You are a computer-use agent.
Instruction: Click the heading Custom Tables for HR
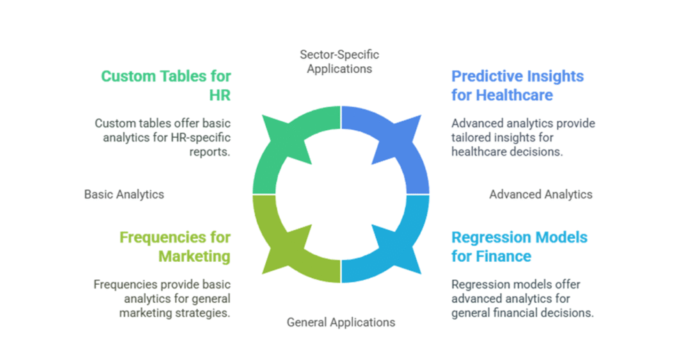[x=166, y=85]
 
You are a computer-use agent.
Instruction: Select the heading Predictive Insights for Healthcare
[x=517, y=85]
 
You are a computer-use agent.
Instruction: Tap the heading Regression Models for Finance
[x=519, y=246]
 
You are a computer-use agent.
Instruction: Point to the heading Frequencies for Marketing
[x=175, y=246]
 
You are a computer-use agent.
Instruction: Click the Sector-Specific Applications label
[x=340, y=61]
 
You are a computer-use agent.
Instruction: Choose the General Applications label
[x=341, y=322]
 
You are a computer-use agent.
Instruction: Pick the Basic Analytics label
[x=124, y=194]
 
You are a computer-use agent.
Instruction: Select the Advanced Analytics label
[x=541, y=194]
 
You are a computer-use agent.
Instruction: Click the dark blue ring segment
[x=400, y=150]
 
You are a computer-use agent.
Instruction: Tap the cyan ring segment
[x=400, y=240]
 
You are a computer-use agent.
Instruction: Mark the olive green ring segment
[x=282, y=240]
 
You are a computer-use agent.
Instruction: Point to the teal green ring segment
[x=282, y=150]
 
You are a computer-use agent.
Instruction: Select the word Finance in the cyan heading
[x=503, y=256]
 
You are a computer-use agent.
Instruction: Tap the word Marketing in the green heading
[x=194, y=256]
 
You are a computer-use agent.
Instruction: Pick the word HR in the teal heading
[x=221, y=95]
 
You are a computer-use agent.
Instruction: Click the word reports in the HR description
[x=209, y=151]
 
